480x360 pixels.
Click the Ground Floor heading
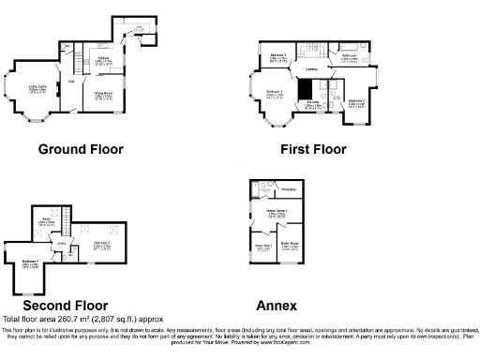click(x=81, y=149)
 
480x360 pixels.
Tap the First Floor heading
click(x=313, y=149)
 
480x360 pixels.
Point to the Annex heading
click(x=277, y=306)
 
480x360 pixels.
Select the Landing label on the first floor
click(x=310, y=68)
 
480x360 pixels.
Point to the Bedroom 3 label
click(x=278, y=56)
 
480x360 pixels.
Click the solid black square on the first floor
click(x=304, y=89)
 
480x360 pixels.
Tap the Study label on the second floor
click(x=46, y=221)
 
